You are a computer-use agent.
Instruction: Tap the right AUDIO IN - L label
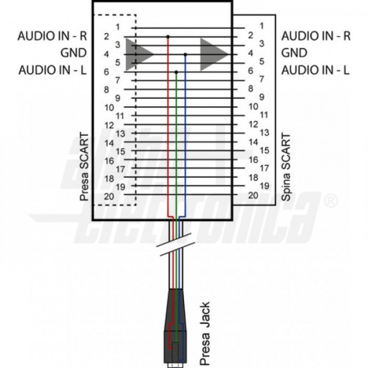[x=316, y=70]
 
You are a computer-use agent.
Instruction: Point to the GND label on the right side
[x=294, y=53]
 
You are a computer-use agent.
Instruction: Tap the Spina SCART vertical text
[x=285, y=166]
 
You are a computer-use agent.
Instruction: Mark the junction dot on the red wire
[x=168, y=37]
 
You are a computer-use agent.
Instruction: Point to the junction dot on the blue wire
[x=185, y=54]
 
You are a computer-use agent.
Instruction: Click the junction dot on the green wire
[x=177, y=72]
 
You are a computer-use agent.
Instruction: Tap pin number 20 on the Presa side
[x=108, y=196]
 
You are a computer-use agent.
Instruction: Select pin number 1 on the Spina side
[x=262, y=26]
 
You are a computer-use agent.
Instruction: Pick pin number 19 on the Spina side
[x=265, y=185]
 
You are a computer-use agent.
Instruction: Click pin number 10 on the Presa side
[x=109, y=107]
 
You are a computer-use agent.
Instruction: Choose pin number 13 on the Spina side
[x=265, y=132]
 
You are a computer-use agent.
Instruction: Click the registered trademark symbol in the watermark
[x=331, y=201]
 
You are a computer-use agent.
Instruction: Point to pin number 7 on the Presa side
[x=117, y=80]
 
